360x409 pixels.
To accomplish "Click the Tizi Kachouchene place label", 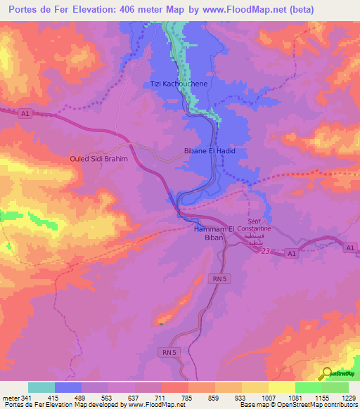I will [x=179, y=84].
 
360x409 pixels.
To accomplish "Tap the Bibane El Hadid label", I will [x=208, y=151].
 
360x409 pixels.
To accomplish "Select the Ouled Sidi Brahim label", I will [x=98, y=159].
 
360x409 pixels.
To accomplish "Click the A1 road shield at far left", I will [x=25, y=113].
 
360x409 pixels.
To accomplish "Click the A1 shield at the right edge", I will [x=350, y=248].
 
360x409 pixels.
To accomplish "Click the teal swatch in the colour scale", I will [x=41, y=387].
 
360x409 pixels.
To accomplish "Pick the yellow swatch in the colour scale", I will [x=282, y=387].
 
